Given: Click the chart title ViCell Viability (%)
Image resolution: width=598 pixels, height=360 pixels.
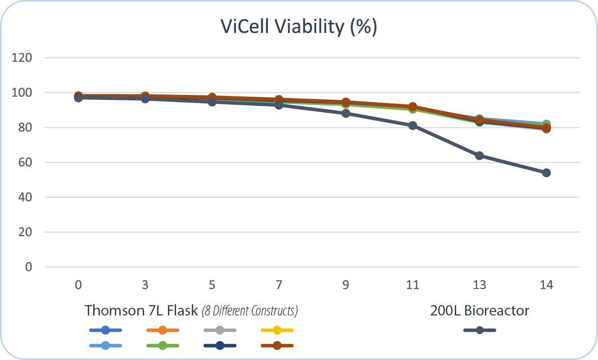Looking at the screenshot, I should point(299,27).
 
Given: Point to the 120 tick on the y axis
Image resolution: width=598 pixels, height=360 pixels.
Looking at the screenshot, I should point(25,58).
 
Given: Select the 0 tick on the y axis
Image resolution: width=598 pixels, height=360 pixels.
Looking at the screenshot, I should point(29,267).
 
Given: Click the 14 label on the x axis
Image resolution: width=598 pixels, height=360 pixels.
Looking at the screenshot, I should point(546,285).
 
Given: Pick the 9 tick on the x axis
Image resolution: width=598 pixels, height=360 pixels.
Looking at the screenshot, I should point(346,285).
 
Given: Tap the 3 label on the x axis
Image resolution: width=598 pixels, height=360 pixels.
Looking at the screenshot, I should point(145,285).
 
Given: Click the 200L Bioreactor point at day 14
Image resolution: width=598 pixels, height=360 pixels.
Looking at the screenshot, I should point(546,173).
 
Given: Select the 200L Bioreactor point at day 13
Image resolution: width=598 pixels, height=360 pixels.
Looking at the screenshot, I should point(480,156).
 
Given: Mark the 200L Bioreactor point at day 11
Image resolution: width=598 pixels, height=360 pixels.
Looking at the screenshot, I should point(412,126).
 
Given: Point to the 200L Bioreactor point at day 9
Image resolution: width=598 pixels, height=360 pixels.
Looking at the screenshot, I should point(346,113).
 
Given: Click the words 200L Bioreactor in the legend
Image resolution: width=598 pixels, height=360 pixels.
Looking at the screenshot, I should point(480,310).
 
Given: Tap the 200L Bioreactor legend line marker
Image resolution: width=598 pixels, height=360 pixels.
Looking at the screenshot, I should point(480,330).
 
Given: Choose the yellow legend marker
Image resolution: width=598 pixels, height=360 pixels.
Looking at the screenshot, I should point(277,330).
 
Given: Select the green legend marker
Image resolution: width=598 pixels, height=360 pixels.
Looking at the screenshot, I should point(163,346).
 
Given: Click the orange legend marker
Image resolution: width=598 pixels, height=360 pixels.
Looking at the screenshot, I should point(163,330).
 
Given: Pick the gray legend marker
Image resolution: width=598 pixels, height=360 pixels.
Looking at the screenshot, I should point(220,330).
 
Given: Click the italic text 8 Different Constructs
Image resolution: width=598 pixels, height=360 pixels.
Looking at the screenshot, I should point(250,311).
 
